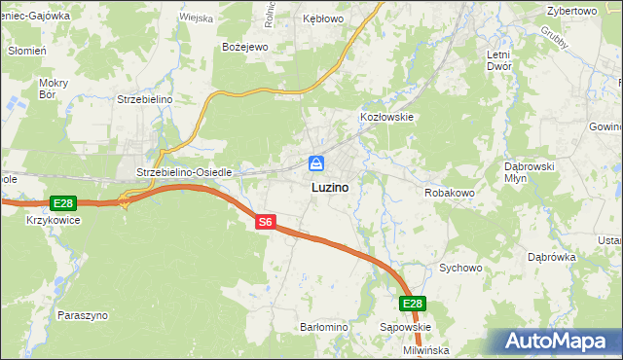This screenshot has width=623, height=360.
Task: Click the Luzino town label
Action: [x=332, y=186]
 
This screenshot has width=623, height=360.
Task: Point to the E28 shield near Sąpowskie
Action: [x=413, y=304]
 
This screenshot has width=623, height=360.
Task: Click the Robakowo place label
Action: [x=449, y=194]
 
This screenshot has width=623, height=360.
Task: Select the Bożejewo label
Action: [x=245, y=47]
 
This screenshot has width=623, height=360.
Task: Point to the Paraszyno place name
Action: [x=83, y=316]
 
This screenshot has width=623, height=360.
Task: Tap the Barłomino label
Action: [x=323, y=327]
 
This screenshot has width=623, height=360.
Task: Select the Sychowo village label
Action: [x=461, y=267]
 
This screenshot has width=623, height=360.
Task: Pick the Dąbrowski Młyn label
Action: [x=530, y=172]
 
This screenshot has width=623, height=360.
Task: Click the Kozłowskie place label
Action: [x=387, y=117]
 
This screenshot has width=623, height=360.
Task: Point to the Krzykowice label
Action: [x=54, y=221]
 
